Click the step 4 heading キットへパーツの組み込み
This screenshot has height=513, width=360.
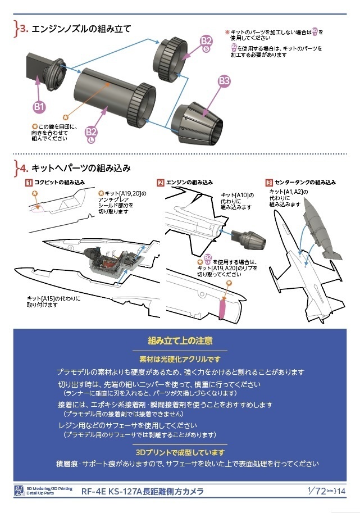(81, 167)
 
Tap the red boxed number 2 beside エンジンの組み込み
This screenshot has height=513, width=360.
(161, 183)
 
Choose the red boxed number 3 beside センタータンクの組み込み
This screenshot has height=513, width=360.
(269, 183)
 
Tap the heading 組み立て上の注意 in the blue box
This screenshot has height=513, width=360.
(180, 341)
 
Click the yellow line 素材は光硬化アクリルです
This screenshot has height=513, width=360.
(180, 358)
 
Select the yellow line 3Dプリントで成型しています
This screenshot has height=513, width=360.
(180, 452)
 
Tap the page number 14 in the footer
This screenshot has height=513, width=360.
(342, 491)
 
